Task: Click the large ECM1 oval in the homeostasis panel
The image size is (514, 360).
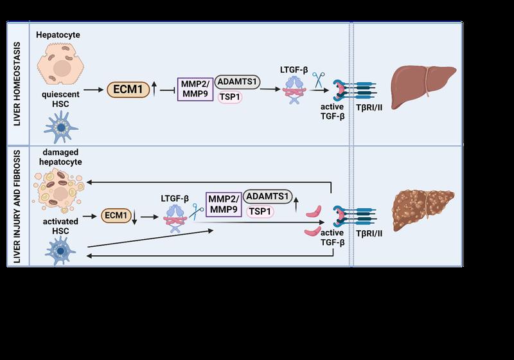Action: tap(128, 89)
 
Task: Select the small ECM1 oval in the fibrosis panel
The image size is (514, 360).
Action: tap(116, 215)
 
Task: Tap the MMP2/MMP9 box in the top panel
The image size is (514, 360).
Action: tap(195, 89)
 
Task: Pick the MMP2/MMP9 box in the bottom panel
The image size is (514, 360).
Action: tap(224, 204)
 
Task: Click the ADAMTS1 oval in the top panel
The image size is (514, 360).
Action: tap(237, 82)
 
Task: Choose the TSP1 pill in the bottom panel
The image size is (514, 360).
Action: tap(260, 212)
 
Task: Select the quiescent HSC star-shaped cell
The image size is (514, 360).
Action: tap(60, 127)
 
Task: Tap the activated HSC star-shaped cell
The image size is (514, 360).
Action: tap(60, 251)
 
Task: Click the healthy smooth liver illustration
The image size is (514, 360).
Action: tap(423, 87)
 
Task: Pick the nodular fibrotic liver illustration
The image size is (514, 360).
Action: tap(423, 210)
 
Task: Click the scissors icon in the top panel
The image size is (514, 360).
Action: tap(318, 80)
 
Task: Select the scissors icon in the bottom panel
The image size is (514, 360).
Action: tap(196, 212)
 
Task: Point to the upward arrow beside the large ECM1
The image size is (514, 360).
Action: tap(154, 89)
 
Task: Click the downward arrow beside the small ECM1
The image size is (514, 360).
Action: tap(134, 217)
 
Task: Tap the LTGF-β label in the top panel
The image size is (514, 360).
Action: tap(294, 70)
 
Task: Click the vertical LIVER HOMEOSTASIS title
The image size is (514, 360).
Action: tap(17, 84)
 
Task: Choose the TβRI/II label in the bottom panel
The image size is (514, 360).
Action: tap(369, 233)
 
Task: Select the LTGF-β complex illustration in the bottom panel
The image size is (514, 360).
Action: tap(175, 219)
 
